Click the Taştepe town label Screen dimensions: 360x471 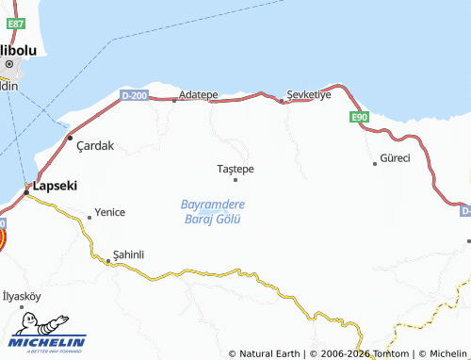coord(235,169)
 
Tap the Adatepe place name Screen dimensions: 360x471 coord(198,96)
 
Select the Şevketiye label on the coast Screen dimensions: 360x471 coord(310,95)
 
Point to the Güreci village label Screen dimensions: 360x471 coord(395,157)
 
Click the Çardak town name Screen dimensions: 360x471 coord(94,145)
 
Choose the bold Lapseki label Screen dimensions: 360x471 coord(54,187)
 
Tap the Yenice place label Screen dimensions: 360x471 coord(109,212)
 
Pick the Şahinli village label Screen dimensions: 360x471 coord(128,254)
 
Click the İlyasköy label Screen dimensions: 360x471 coord(22,296)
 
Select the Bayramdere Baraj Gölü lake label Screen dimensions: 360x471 coord(212,211)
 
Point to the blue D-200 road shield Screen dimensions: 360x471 coord(135,95)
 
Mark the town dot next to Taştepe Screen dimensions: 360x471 coord(235,179)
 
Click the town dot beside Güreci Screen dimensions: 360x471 coord(375,163)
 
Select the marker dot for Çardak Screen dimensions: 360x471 coord(70,138)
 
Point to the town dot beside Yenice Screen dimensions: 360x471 coord(89,217)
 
